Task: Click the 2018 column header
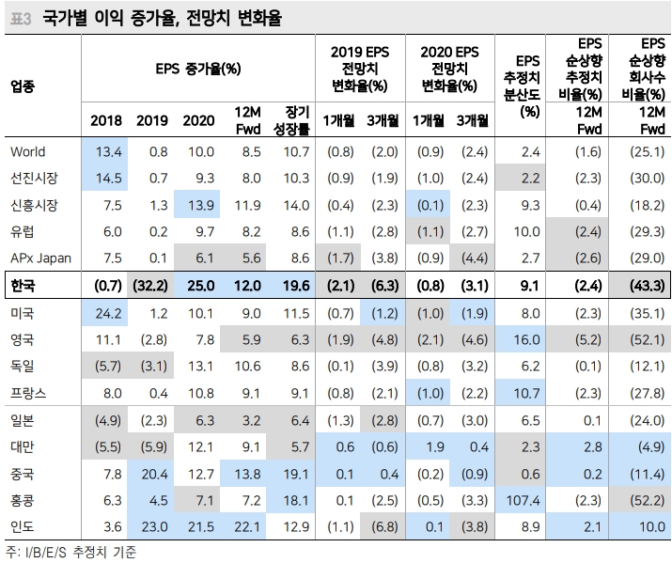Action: pyautogui.click(x=105, y=119)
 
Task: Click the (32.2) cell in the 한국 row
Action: pyautogui.click(x=151, y=285)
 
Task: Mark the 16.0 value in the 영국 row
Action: pyautogui.click(x=529, y=338)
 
